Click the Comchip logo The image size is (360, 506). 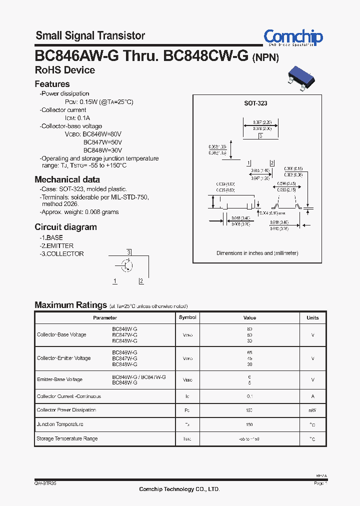[293, 37]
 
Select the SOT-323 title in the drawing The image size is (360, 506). [255, 103]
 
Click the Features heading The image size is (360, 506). [52, 84]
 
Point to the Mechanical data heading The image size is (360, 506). [67, 179]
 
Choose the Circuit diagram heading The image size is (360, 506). [65, 227]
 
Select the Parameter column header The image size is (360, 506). [105, 317]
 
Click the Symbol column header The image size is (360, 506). [187, 317]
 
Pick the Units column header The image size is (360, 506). [312, 317]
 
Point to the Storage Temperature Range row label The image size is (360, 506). [67, 438]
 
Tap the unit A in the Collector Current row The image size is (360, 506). [312, 396]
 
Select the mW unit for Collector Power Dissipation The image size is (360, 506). [312, 410]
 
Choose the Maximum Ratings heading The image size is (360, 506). [70, 305]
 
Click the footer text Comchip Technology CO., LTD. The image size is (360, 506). [179, 489]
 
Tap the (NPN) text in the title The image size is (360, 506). [265, 57]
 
